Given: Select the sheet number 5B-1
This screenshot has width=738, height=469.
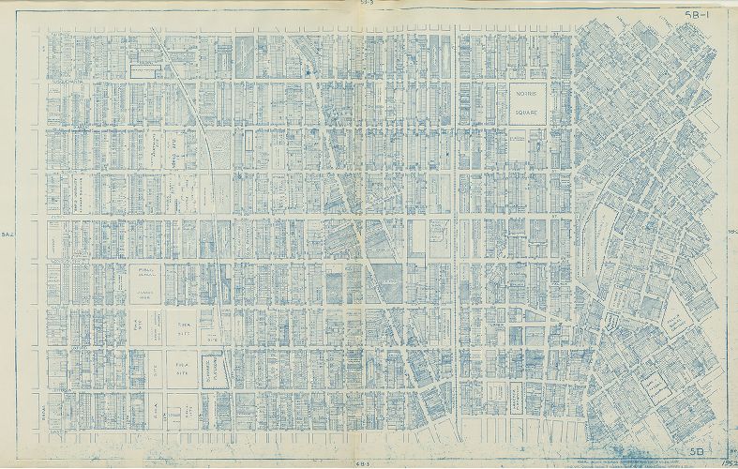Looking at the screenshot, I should [x=697, y=14].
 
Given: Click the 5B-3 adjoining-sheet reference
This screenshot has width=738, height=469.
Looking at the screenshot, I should [x=366, y=4].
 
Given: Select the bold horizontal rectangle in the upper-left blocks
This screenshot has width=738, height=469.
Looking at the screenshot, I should [x=145, y=71].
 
